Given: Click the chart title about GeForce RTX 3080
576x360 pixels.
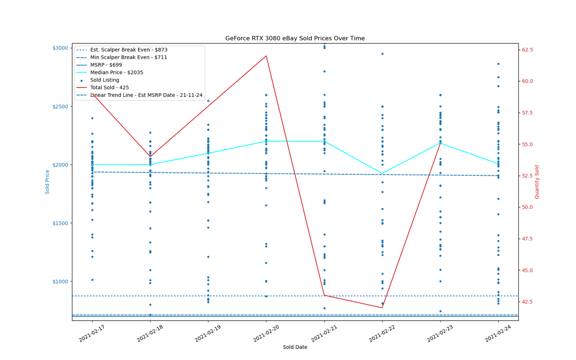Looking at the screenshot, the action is click(295, 38).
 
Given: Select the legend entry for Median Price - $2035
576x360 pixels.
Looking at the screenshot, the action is click(110, 72).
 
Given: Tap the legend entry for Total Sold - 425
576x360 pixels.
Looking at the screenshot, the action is click(103, 88).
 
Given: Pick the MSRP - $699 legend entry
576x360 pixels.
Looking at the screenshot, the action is click(99, 65).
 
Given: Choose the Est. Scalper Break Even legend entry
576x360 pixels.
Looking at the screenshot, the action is click(122, 50).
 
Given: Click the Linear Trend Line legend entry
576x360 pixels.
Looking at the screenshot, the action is click(139, 95).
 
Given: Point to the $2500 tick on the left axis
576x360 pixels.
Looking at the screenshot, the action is click(60, 107).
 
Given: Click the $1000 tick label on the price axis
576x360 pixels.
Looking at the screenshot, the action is click(60, 281).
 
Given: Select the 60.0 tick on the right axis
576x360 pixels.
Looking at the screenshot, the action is click(528, 81).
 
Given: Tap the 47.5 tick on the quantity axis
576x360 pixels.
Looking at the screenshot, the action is click(528, 239).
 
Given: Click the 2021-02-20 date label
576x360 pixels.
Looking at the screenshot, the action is click(266, 333).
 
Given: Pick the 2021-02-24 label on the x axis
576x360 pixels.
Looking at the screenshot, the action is click(498, 333).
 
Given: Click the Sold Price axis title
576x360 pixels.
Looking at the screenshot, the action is click(48, 182).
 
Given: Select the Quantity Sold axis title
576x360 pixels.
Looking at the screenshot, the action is click(537, 182).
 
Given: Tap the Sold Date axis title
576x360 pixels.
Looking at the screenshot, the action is click(295, 347).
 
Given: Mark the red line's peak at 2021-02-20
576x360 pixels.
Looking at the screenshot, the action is click(266, 56).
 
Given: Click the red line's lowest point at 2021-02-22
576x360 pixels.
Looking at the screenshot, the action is click(383, 308).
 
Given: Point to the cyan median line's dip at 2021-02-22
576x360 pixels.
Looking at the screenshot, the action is click(383, 173).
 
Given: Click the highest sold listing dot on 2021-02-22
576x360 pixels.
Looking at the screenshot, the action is click(383, 54).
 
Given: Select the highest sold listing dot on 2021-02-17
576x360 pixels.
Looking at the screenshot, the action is click(92, 118).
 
